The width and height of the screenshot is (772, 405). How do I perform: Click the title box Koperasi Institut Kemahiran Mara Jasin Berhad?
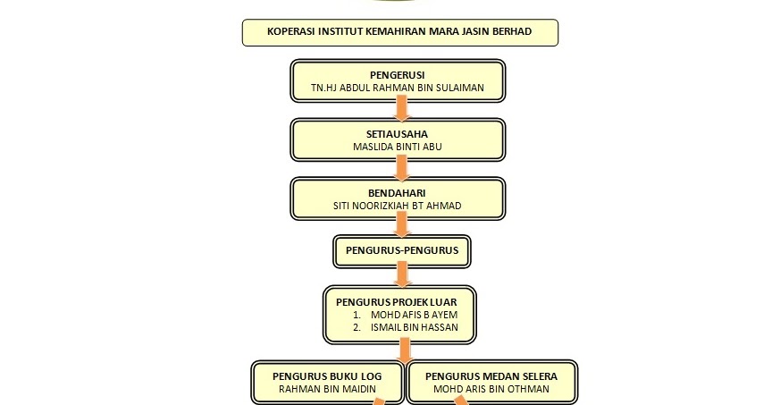399,32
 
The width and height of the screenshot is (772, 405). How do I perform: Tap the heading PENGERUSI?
398,75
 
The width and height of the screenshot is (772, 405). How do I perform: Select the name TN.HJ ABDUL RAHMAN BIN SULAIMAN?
398,88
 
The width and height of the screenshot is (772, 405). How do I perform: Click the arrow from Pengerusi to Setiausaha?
402,108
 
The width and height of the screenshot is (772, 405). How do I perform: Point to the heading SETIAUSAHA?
397,134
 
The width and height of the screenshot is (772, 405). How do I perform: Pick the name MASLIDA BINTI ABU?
398,147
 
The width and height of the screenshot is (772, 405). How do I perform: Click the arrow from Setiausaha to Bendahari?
402,167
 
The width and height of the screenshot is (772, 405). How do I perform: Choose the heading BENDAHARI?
397,193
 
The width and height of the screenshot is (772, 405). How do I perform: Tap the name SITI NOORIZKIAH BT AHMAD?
398,206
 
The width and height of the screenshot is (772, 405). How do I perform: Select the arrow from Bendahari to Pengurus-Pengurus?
402,225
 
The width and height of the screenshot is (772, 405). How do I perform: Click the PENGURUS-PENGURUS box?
402,251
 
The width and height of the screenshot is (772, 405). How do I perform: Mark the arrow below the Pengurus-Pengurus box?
402,274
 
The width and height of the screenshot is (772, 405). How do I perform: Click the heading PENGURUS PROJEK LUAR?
397,302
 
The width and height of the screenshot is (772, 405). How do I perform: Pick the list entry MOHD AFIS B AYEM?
414,315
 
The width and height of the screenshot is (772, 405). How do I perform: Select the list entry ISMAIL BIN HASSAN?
415,327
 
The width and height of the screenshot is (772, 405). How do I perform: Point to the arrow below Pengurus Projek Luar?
405,350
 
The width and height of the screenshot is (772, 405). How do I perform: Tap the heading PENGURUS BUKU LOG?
327,376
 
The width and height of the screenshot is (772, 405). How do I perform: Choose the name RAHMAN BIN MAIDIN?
327,389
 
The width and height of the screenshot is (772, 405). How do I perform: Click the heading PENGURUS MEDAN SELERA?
491,376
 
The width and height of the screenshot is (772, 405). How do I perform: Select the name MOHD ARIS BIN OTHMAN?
491,389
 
